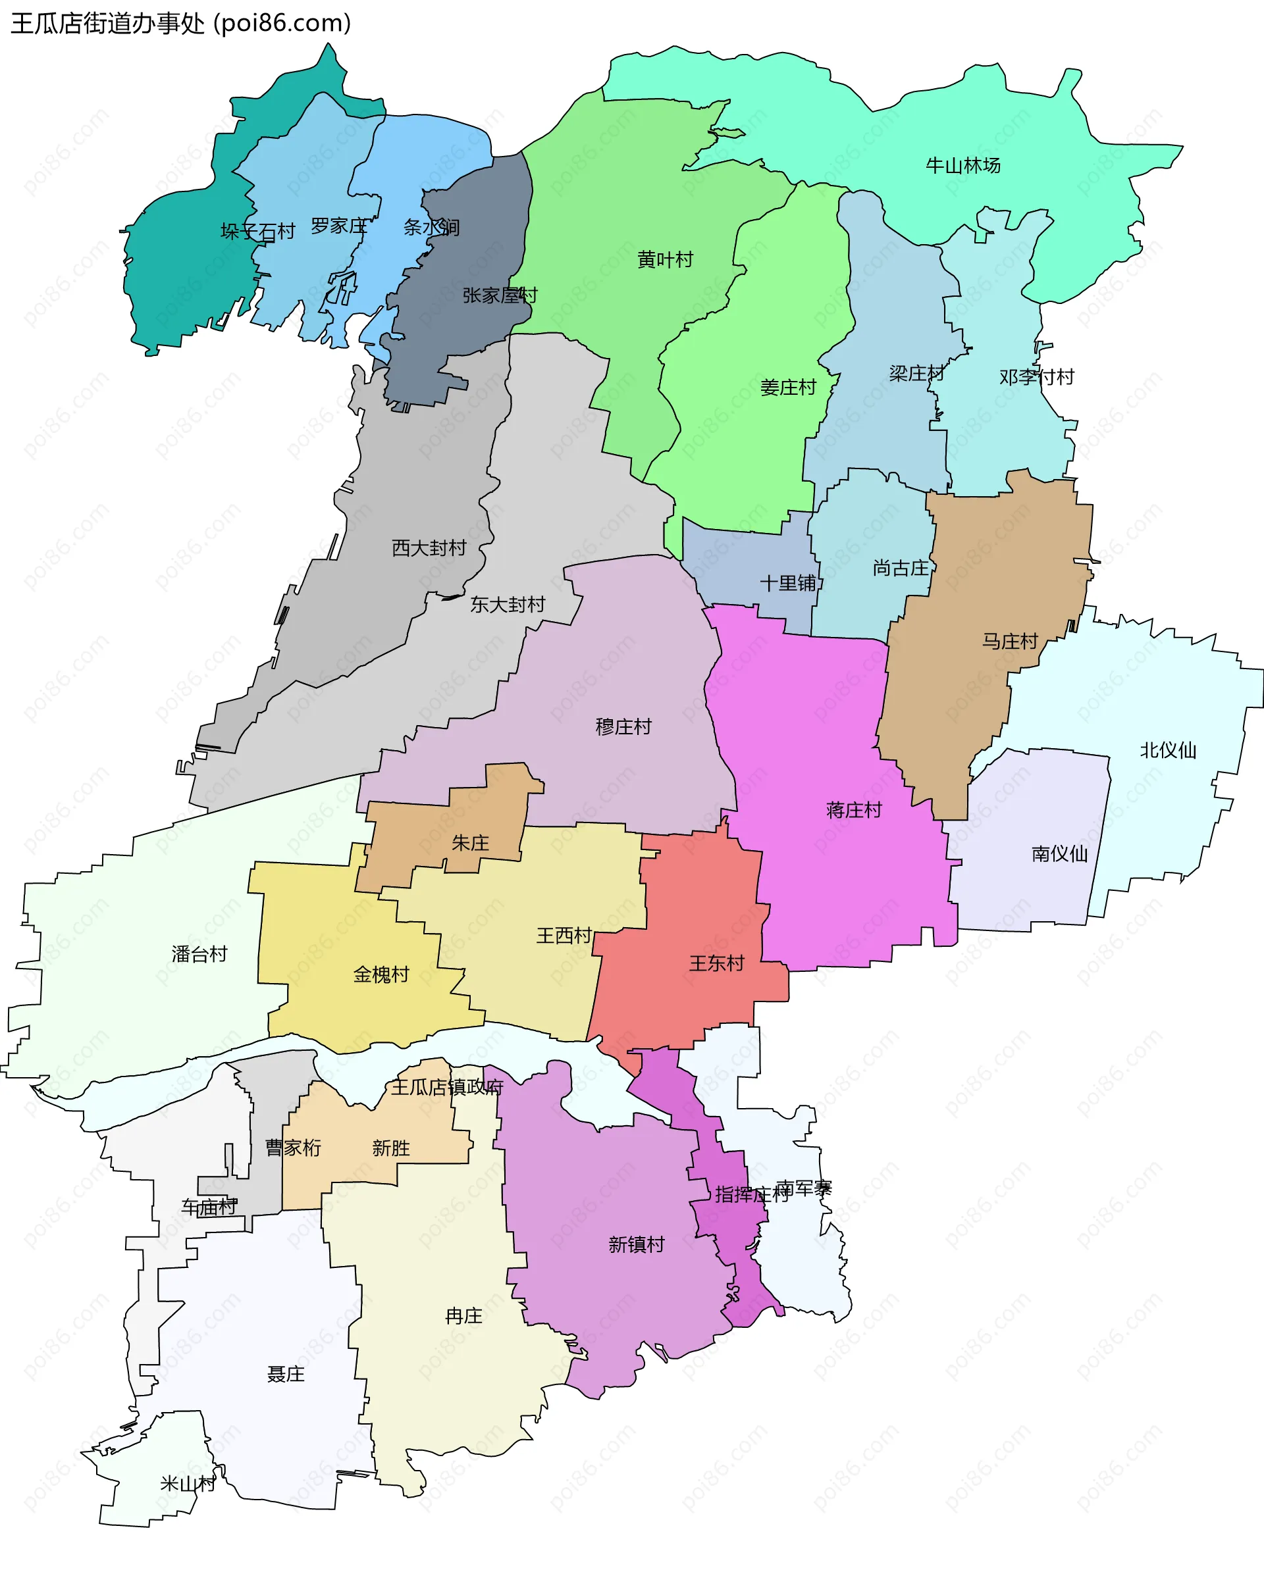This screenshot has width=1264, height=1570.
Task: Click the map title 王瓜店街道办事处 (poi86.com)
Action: (x=180, y=23)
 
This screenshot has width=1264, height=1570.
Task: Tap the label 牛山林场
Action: (x=962, y=166)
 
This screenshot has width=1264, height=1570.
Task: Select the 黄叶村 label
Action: (x=664, y=260)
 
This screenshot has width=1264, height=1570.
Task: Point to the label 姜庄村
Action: (x=787, y=388)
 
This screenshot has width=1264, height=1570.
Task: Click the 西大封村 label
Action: (x=429, y=547)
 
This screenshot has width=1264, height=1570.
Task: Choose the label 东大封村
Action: (x=507, y=605)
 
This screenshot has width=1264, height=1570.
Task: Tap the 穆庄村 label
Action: (x=623, y=726)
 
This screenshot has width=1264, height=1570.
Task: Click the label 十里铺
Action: (x=787, y=583)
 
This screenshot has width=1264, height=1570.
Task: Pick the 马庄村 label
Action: (x=1009, y=642)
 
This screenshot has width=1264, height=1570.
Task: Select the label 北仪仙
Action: (x=1168, y=750)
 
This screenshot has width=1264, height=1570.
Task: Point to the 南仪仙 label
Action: (x=1059, y=853)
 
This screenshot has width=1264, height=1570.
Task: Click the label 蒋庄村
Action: (x=854, y=810)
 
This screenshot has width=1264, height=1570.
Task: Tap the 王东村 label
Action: (x=716, y=963)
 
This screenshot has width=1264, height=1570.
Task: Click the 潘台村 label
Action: (x=199, y=954)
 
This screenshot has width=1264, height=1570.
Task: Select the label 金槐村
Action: (x=381, y=975)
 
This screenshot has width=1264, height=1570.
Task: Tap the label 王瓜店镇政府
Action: (x=446, y=1087)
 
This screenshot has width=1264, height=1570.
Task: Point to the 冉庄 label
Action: (x=463, y=1316)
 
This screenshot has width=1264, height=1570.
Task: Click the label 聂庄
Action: (x=286, y=1373)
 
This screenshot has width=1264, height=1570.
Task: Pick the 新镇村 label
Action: (x=636, y=1244)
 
